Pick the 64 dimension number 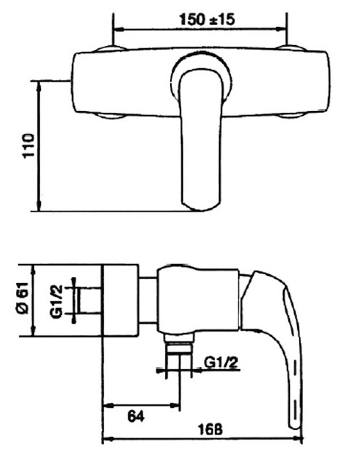[x=134, y=416]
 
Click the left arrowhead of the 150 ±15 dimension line [x=116, y=29]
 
